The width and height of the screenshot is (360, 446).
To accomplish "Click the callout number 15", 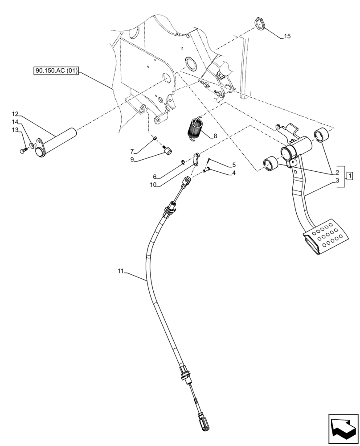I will [287, 37].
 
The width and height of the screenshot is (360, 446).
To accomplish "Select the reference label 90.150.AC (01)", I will [56, 71].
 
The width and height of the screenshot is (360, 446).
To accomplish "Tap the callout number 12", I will [15, 114].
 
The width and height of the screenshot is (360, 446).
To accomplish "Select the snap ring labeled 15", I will [261, 24].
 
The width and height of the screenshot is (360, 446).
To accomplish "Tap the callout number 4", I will [233, 172].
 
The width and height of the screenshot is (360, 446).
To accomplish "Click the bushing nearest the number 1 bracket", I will [322, 134].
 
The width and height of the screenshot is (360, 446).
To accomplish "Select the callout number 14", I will [15, 122].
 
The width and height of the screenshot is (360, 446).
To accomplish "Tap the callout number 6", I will [155, 177].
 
